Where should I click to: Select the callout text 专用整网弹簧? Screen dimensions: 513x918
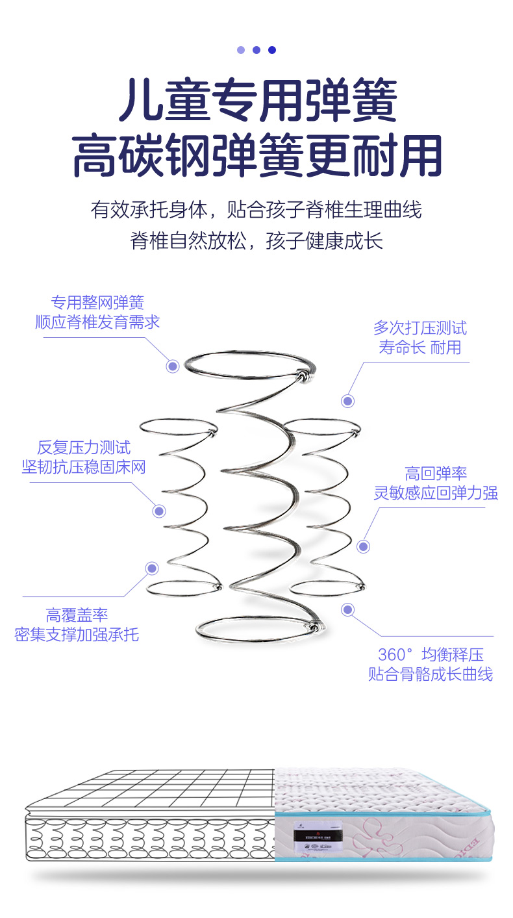click(97, 303)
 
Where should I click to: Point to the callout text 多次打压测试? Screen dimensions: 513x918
click(419, 328)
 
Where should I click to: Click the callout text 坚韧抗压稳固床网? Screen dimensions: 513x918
click(84, 467)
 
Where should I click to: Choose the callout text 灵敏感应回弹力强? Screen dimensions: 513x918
click(436, 493)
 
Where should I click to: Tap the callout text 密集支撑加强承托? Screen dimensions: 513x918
click(77, 635)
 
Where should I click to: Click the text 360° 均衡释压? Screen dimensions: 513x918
click(431, 654)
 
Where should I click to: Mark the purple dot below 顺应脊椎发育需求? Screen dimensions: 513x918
click(173, 366)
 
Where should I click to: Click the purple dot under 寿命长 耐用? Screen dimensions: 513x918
click(348, 402)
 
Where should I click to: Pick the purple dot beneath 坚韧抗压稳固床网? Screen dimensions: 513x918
click(159, 511)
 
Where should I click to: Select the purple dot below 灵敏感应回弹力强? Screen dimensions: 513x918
click(364, 546)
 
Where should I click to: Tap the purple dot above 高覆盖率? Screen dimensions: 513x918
click(152, 568)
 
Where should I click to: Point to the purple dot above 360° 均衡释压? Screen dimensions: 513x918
click(348, 609)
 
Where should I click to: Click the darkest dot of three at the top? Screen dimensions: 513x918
click(272, 50)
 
